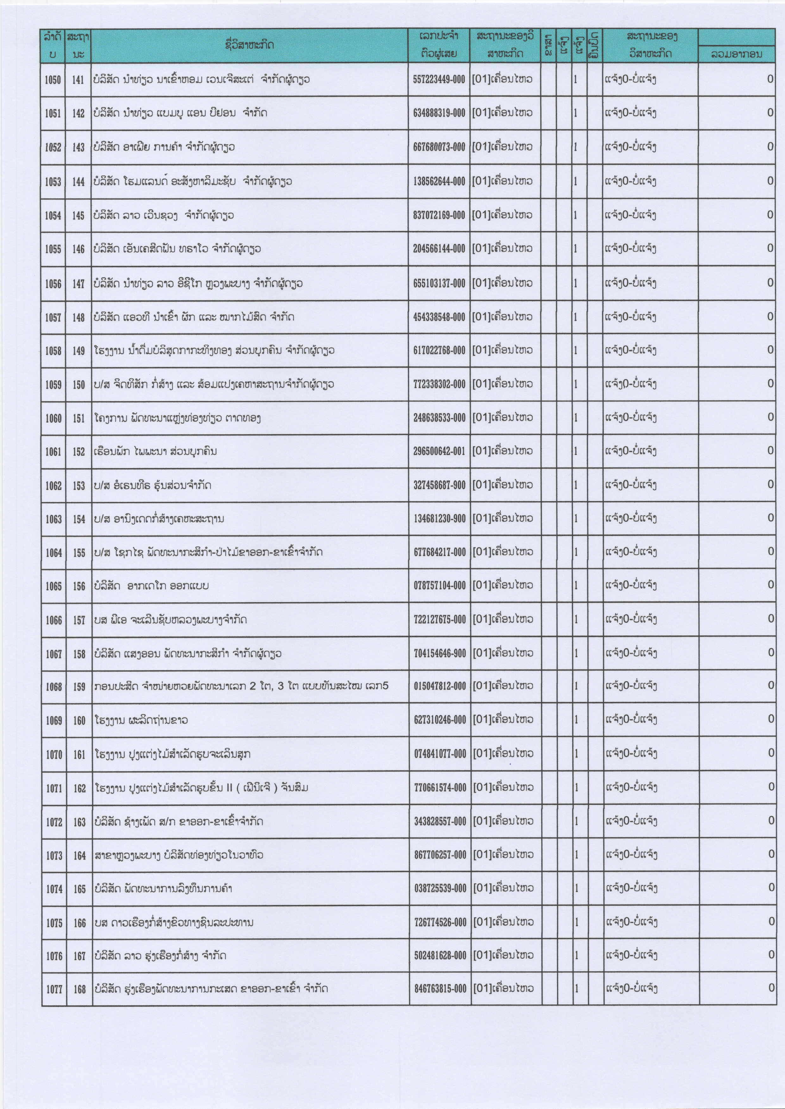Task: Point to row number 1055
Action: [53, 249]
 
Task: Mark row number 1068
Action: [54, 686]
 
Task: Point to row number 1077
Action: [54, 989]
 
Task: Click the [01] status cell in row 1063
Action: [503, 518]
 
